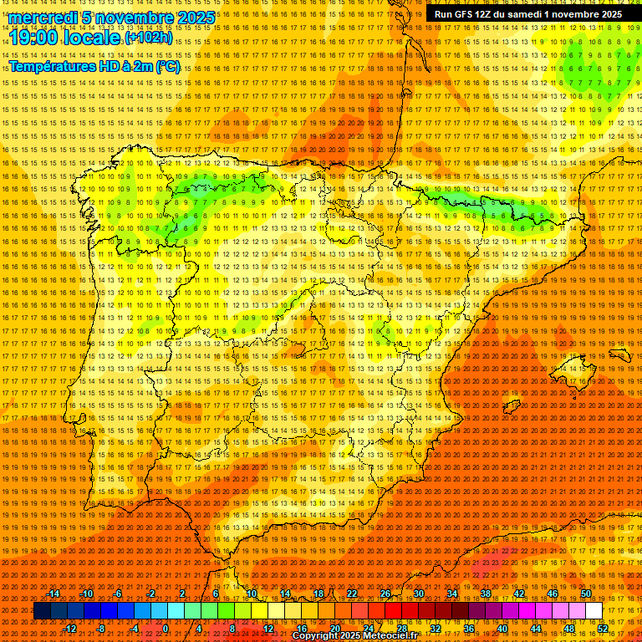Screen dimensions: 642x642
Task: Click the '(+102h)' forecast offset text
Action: (149, 38)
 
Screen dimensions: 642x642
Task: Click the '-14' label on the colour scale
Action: (53, 594)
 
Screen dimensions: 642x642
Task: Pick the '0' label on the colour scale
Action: (166, 629)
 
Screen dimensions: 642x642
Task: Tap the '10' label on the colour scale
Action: (251, 594)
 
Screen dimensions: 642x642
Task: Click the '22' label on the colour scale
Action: (351, 594)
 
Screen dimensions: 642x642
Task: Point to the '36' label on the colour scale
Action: (468, 629)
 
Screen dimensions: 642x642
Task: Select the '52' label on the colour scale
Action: (603, 629)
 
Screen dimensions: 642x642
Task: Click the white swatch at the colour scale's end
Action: (594, 611)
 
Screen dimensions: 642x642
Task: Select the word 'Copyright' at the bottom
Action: (316, 636)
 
